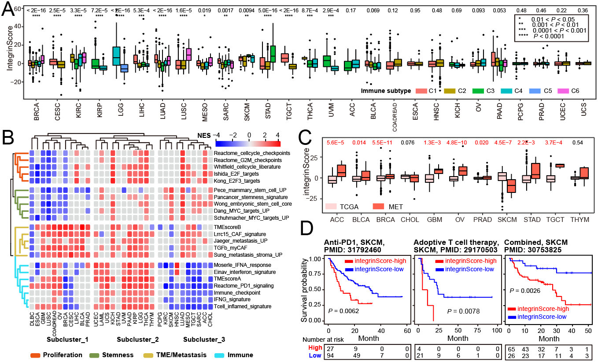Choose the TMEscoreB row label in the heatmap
228,227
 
